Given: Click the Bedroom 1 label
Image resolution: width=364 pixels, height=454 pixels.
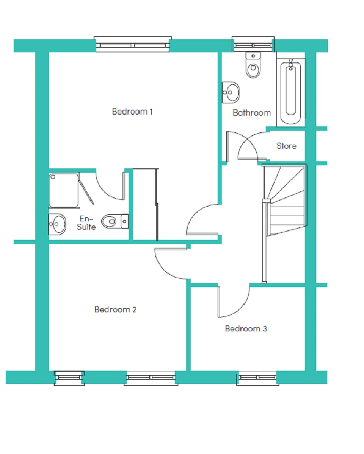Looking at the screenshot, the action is point(132,112).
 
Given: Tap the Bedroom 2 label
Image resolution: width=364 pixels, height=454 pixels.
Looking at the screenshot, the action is point(115,309).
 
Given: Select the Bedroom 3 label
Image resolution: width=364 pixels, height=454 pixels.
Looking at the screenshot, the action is point(246,328).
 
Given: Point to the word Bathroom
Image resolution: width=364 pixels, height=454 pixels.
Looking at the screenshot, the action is point(251,113).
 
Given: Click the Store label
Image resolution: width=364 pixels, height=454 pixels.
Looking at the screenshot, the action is point(286,146).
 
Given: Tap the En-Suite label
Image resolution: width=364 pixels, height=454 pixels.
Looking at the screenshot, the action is point(86,223).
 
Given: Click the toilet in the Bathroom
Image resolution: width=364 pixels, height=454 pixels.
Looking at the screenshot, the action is point(253,65).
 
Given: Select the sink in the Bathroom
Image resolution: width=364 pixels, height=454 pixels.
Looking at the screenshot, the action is point(231,92).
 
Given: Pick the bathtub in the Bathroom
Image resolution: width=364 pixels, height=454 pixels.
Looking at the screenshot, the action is point(290,93).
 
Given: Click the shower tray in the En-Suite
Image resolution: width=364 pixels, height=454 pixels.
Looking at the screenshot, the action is point(64,190).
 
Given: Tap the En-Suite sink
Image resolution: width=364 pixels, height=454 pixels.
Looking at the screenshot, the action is point(57,224).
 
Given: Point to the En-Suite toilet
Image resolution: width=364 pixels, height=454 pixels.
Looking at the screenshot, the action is point(115,221).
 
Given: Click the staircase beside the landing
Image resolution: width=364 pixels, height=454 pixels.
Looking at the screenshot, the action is point(284,201).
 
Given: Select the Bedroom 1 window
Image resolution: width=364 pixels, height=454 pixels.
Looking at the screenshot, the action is point(133,45).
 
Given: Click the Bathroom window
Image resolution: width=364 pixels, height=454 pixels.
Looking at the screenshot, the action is point(253,45).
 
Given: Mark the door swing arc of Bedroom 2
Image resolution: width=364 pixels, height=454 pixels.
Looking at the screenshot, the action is point(165,269).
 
